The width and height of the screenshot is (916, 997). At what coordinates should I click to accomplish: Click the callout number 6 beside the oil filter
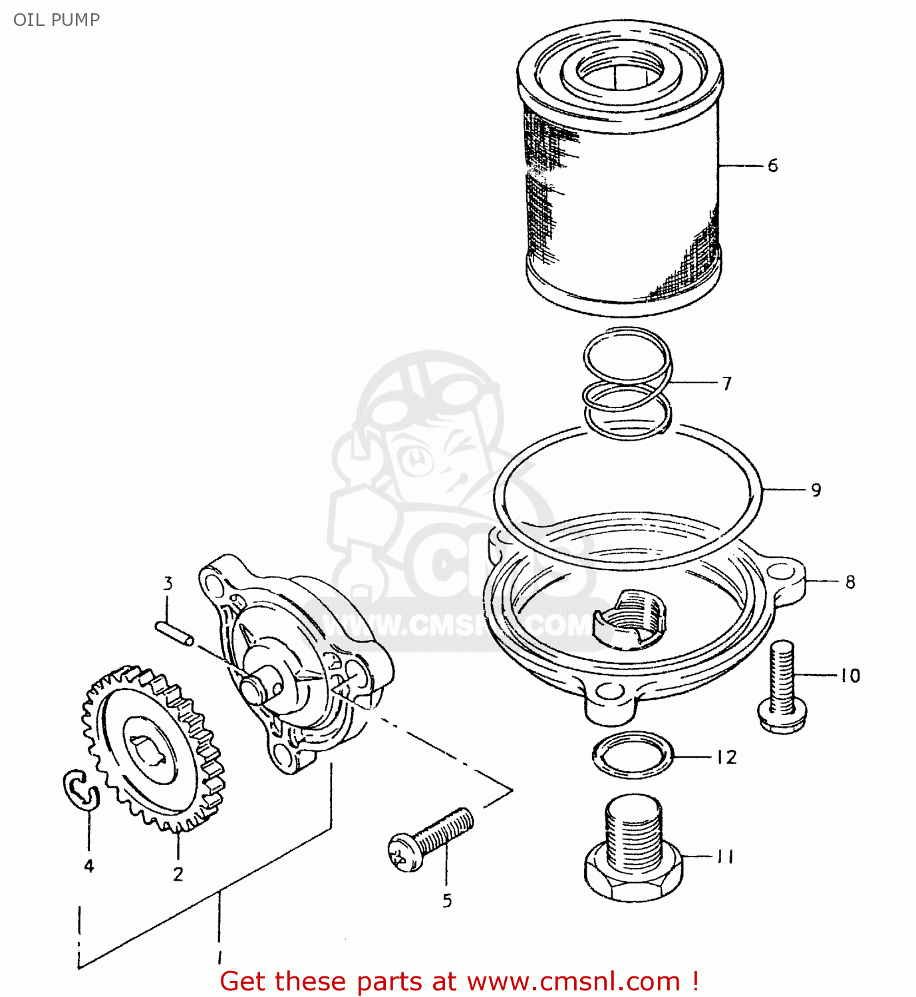click(x=772, y=166)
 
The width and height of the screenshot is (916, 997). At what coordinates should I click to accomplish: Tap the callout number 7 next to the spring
click(x=726, y=384)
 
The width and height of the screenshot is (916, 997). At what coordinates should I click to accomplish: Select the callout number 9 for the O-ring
click(x=816, y=491)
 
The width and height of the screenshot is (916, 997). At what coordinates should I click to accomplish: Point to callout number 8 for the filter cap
click(x=849, y=582)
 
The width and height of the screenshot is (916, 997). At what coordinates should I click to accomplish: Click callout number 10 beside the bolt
click(x=849, y=676)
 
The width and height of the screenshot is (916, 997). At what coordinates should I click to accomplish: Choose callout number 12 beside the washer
click(x=726, y=757)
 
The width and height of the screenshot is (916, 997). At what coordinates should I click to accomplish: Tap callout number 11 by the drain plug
click(x=725, y=857)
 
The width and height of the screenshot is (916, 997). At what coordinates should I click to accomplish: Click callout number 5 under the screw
click(x=447, y=901)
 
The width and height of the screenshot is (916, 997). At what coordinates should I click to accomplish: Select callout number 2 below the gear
click(x=178, y=874)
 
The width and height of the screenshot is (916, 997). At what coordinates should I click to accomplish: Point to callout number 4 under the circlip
click(x=88, y=865)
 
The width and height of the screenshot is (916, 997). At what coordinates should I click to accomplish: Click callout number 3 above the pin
click(x=168, y=584)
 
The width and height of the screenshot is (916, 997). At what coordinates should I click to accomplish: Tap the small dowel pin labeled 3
click(x=174, y=633)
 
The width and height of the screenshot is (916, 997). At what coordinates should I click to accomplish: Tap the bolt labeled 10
click(x=784, y=688)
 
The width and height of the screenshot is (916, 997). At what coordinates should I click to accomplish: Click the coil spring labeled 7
click(x=627, y=384)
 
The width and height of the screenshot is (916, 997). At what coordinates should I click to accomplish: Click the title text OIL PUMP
click(x=57, y=20)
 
